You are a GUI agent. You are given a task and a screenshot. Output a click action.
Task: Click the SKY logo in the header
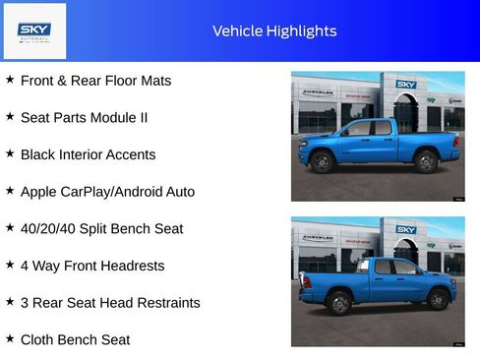(34, 30)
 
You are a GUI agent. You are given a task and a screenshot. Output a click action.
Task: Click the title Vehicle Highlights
(274, 30)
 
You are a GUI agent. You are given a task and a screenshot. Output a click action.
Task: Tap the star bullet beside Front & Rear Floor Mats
(10, 79)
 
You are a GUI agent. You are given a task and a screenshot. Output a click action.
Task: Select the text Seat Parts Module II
(84, 117)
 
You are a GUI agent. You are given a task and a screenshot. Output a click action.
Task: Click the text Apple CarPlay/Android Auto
(107, 191)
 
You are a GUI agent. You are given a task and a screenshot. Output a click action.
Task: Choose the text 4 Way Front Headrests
(92, 266)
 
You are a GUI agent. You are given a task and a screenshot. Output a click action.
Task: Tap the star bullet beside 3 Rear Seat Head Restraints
(10, 301)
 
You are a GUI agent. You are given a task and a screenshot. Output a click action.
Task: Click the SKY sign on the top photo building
(406, 85)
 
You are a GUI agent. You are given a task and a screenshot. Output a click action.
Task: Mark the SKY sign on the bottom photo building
(406, 229)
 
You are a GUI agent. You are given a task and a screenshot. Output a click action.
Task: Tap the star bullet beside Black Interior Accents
(10, 153)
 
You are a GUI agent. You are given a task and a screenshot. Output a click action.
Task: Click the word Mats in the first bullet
(154, 80)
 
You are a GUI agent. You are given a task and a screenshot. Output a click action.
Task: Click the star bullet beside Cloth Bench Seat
(10, 338)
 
